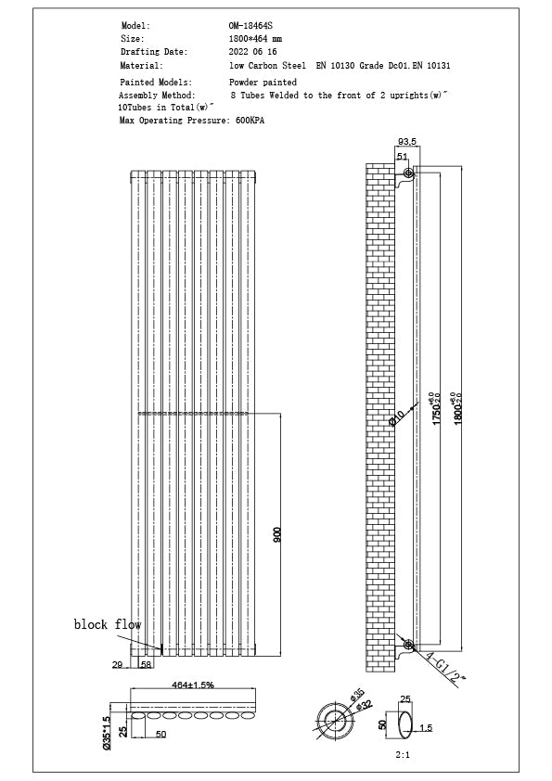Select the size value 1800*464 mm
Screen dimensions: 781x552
pyautogui.click(x=256, y=39)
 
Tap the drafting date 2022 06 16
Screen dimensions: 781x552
pyautogui.click(x=253, y=53)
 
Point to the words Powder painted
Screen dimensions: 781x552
pyautogui.click(x=263, y=83)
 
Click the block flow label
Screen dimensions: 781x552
pyautogui.click(x=108, y=625)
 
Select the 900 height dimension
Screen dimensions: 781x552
pyautogui.click(x=276, y=536)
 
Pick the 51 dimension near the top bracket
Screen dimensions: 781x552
pyautogui.click(x=402, y=157)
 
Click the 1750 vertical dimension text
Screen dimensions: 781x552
pyautogui.click(x=435, y=407)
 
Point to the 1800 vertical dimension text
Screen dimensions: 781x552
pyautogui.click(x=456, y=407)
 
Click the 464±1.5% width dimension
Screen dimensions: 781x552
pyautogui.click(x=192, y=685)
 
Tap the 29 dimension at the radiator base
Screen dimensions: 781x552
pyautogui.click(x=117, y=665)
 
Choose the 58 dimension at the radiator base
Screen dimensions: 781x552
pyautogui.click(x=146, y=665)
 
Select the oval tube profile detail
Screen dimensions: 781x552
pyautogui.click(x=404, y=723)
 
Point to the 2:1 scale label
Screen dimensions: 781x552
pyautogui.click(x=403, y=756)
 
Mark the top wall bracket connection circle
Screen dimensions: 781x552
pyautogui.click(x=408, y=173)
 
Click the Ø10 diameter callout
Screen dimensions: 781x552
pyautogui.click(x=397, y=418)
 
